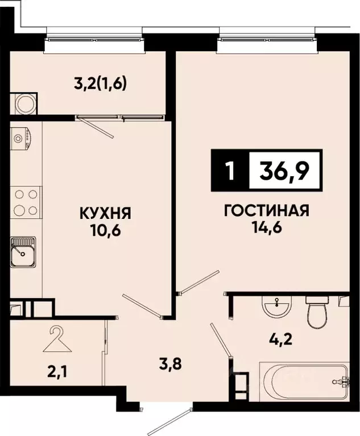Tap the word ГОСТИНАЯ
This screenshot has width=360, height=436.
pos(266,211)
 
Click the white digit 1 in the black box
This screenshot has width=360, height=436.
pos(230,171)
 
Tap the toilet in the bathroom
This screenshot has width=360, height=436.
pos(316,311)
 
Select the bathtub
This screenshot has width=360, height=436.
pos(304,381)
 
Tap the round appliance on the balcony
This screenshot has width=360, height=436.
pos(25,104)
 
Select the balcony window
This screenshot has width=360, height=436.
pos(94,38)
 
